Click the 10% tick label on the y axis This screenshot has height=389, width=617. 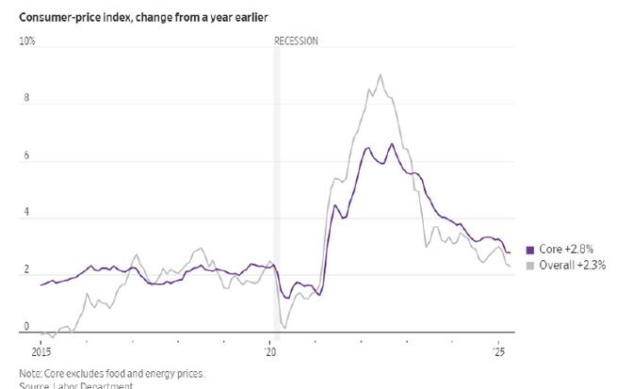(x=27, y=41)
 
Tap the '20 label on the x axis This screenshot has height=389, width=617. (x=271, y=350)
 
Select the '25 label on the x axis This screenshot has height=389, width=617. (x=500, y=350)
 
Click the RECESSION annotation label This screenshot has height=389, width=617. (x=296, y=41)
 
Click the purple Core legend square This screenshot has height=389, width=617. (x=530, y=251)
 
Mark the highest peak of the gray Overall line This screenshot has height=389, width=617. (x=380, y=74)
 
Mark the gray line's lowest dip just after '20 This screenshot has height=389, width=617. (x=283, y=327)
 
